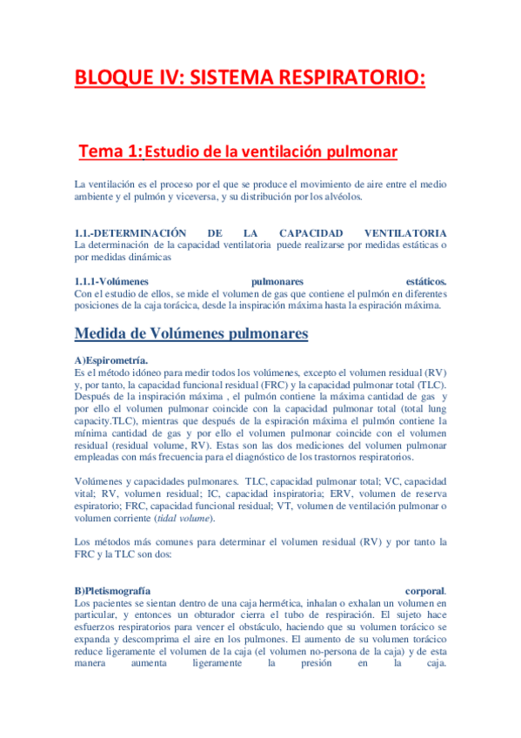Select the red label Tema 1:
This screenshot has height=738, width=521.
[x=110, y=152]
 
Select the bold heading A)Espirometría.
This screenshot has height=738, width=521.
[x=111, y=360]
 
